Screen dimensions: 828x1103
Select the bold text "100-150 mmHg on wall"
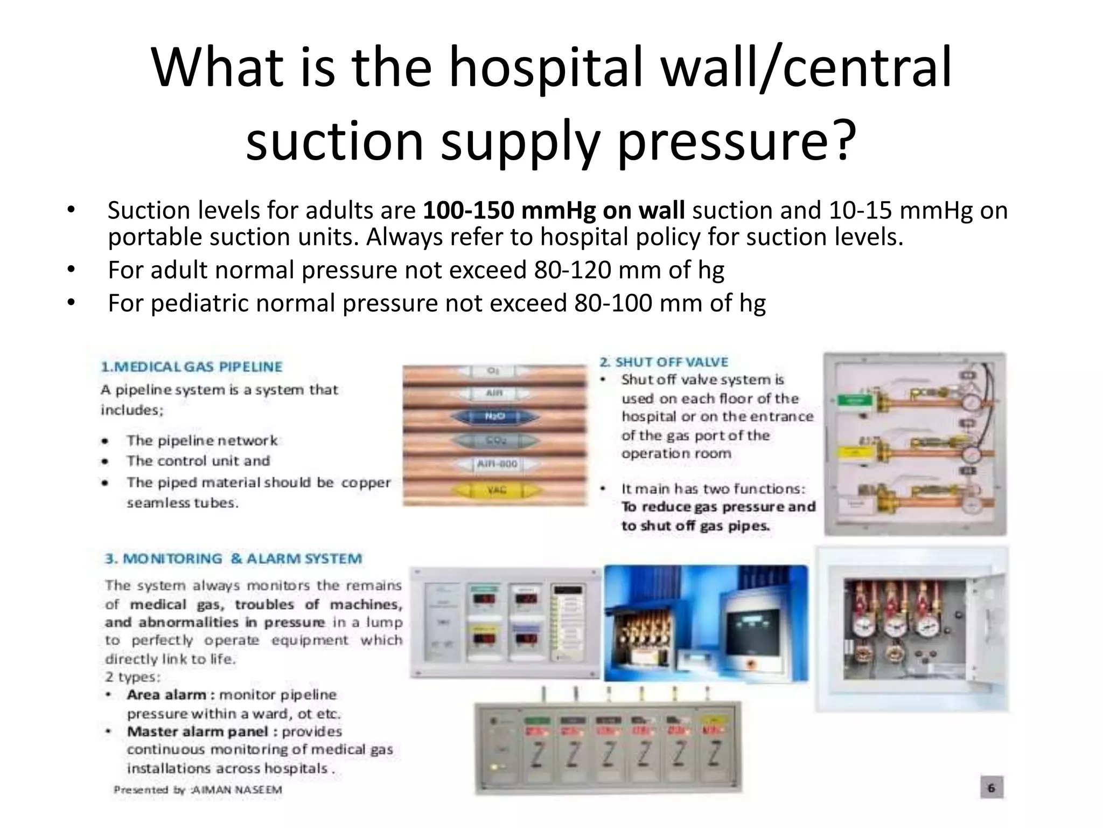[x=554, y=210]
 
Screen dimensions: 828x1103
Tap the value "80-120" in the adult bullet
[x=573, y=270]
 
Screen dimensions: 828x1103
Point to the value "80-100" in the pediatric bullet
[x=612, y=303]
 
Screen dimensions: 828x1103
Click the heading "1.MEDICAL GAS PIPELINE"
[x=192, y=367]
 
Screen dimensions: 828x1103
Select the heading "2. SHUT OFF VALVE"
[x=664, y=362]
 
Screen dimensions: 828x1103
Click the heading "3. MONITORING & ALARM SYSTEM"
[x=234, y=558]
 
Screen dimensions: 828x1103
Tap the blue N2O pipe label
[x=494, y=417]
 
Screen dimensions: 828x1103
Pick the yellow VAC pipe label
[x=496, y=490]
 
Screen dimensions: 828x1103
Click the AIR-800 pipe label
[x=497, y=464]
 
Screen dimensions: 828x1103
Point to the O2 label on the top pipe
[x=492, y=371]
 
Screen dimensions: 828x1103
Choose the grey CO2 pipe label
[x=494, y=440]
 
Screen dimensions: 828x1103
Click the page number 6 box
[x=991, y=788]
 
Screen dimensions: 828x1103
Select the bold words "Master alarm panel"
[x=197, y=732]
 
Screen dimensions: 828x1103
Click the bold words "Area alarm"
[x=167, y=695]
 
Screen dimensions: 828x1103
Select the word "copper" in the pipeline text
[x=366, y=482]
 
